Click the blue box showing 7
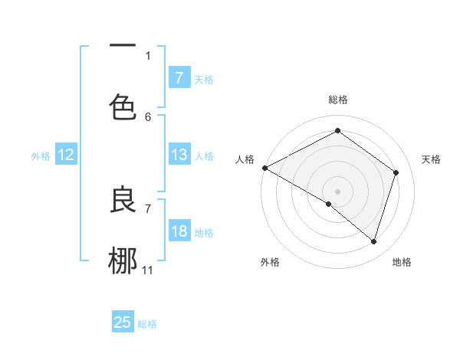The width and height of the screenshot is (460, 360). tap(179, 78)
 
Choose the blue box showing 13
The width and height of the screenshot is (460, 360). tap(179, 155)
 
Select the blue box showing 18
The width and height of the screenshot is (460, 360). tap(179, 231)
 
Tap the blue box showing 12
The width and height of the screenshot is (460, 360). tap(66, 155)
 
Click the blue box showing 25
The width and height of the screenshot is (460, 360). tap(123, 322)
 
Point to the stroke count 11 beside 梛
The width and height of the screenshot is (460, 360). tap(148, 270)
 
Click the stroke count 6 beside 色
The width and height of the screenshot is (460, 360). tap(148, 116)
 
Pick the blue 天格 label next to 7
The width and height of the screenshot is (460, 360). tap(203, 79)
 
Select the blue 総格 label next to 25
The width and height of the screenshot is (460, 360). tap(147, 323)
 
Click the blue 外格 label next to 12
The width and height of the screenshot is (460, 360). tap(41, 155)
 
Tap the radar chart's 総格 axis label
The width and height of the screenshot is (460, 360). tap(337, 100)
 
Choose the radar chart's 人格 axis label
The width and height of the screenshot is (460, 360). tap(245, 159)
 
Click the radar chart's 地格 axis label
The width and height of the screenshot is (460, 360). tap(402, 262)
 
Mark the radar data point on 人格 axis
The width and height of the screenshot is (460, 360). tap(264, 168)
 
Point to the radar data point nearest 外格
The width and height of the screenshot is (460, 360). tap(329, 204)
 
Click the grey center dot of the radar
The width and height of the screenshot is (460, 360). tap(337, 191)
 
